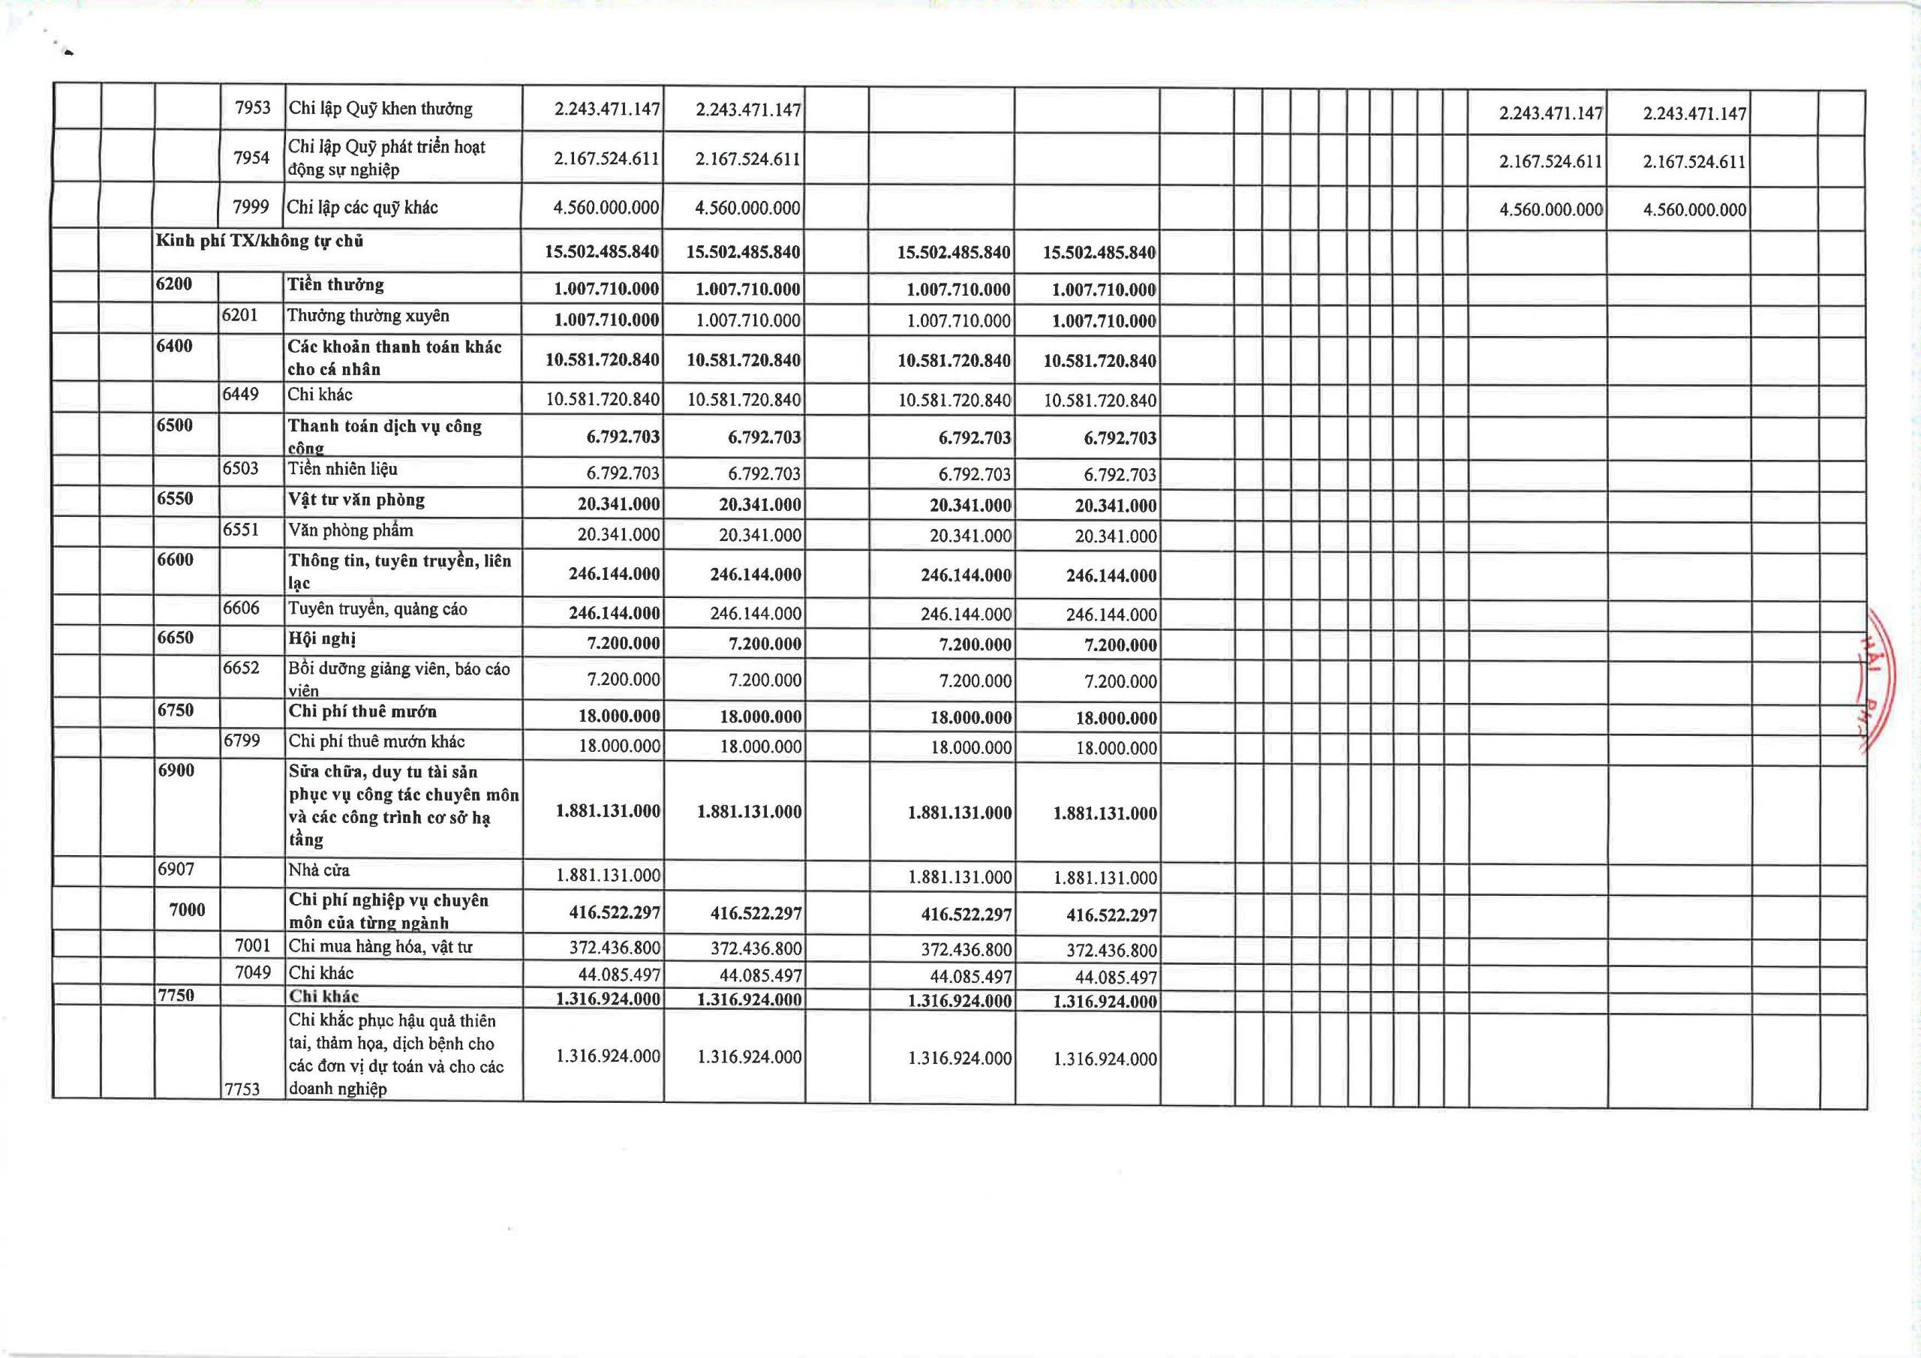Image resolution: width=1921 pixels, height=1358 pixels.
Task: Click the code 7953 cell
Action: coord(253,109)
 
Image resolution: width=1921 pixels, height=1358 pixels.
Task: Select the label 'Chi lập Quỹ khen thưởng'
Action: coord(380,109)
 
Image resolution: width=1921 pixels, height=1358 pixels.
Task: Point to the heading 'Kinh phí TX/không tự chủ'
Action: coord(260,242)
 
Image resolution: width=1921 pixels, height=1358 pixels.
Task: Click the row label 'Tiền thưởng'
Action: coord(335,285)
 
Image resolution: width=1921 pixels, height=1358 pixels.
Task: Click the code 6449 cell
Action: coord(240,394)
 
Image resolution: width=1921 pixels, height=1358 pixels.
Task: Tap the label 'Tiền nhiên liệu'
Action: coord(343,470)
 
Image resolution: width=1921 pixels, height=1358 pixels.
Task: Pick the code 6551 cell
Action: coord(240,530)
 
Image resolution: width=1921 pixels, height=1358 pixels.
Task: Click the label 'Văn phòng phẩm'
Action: coord(350,530)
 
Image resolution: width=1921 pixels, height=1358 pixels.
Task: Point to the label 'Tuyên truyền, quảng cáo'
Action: coord(377,609)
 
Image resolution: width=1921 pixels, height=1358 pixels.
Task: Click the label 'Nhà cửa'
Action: coord(319,871)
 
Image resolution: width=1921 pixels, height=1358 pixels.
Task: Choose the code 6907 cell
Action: coord(176,870)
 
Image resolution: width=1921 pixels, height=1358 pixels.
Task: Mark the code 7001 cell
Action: coord(253,947)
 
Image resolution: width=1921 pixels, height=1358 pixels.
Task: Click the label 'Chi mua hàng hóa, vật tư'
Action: coord(380,947)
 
